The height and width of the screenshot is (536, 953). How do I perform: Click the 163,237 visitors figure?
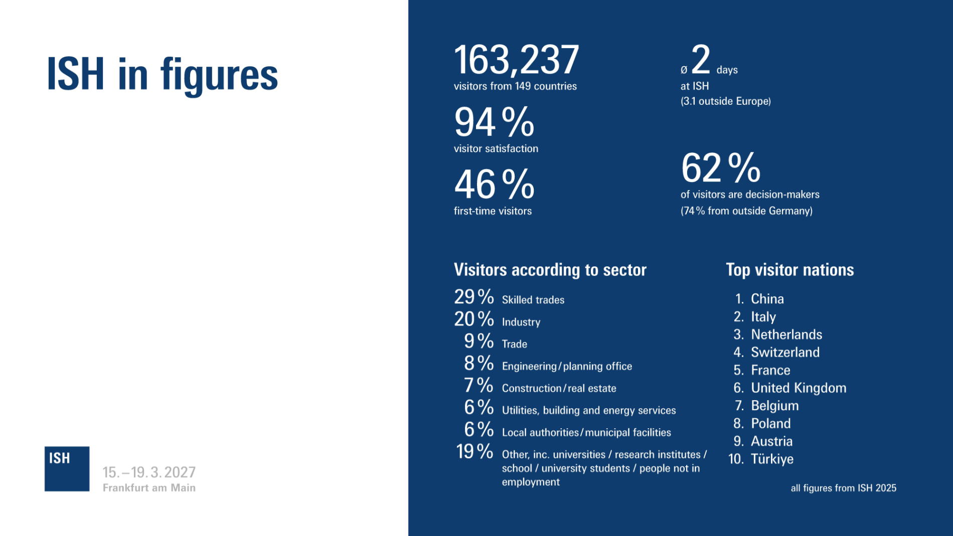pos(516,60)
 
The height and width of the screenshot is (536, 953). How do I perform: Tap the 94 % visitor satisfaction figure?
pos(494,122)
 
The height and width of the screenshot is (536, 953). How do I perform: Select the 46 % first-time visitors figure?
pos(494,185)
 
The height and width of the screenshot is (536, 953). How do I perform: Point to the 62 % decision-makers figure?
pos(721,168)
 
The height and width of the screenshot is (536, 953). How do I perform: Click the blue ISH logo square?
pos(67,469)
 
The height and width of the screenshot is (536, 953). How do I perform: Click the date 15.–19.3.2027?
pos(149,472)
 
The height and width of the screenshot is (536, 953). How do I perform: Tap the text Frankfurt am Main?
pos(149,488)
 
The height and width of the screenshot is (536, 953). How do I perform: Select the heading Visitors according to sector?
pos(550,270)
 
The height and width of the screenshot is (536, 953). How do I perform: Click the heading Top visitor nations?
pos(789,270)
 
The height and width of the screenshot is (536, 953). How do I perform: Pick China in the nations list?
pos(767,299)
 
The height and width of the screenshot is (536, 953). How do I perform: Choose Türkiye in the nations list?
pos(772,459)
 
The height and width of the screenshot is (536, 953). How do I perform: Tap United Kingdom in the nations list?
pos(798,388)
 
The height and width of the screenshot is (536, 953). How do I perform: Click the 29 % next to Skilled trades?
pos(473,297)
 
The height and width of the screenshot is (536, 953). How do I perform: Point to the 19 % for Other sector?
pos(474,452)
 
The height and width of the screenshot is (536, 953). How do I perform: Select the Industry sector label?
pos(521,322)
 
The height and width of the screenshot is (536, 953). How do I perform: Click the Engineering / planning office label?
pos(567,366)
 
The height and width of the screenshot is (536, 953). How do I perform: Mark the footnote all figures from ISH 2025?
pos(843,488)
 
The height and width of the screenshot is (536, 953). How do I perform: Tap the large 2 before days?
pos(701,60)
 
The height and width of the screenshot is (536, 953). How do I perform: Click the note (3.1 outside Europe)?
pos(725,101)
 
